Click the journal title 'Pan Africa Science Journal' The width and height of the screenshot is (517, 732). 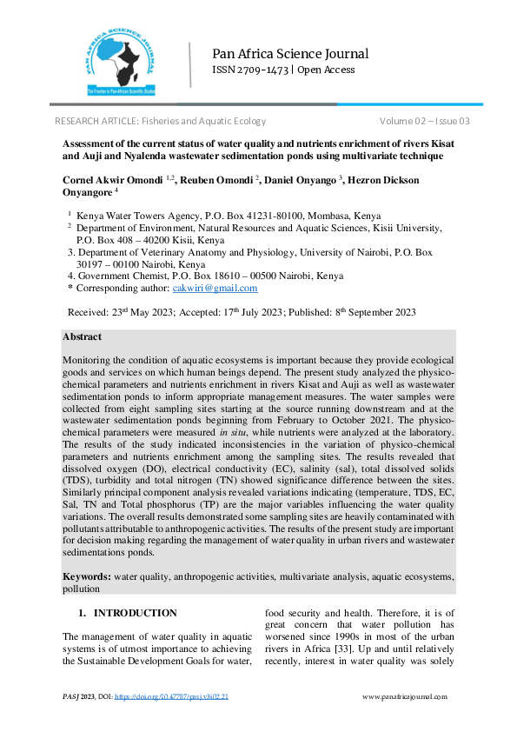[x=290, y=53]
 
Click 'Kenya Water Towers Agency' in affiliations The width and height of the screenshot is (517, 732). [x=138, y=216]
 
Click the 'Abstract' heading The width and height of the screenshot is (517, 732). [x=82, y=336]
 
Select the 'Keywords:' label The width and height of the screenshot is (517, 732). [x=86, y=576]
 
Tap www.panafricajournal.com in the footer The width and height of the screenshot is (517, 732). [x=404, y=697]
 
